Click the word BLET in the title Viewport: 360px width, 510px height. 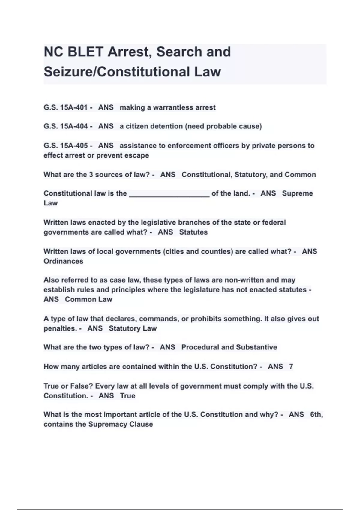pyautogui.click(x=85, y=52)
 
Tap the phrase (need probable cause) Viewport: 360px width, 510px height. pyautogui.click(x=223, y=126)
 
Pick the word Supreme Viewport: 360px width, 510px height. pyautogui.click(x=297, y=193)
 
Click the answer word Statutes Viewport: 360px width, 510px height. pyautogui.click(x=193, y=232)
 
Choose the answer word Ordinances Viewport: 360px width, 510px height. pyautogui.click(x=63, y=261)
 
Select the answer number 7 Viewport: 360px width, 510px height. pyautogui.click(x=291, y=367)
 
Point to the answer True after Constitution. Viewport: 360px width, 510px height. pyautogui.click(x=127, y=396)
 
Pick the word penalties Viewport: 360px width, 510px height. pyautogui.click(x=60, y=328)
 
